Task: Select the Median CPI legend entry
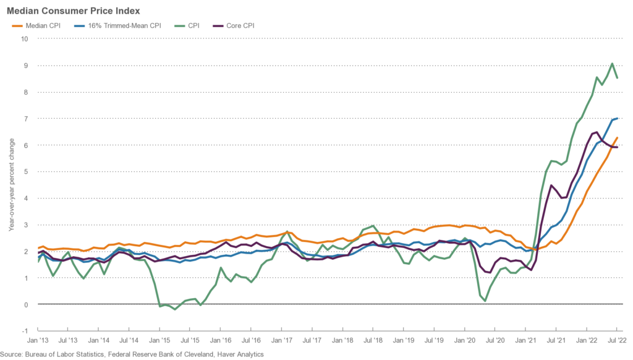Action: [x=40, y=26]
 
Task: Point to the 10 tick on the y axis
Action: [x=25, y=38]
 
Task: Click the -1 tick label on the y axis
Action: [x=25, y=331]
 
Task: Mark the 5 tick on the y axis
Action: [x=26, y=171]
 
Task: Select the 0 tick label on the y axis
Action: [x=26, y=304]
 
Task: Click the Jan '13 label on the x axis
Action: [x=38, y=340]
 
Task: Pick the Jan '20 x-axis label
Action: [x=464, y=340]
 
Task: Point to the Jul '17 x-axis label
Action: [x=312, y=340]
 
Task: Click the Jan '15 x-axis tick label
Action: [x=159, y=340]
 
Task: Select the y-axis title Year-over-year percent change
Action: [x=11, y=184]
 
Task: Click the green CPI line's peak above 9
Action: [x=611, y=63]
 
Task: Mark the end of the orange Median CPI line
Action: [x=617, y=137]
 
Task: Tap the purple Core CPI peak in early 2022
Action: [x=595, y=132]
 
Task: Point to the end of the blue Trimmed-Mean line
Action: [x=617, y=118]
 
